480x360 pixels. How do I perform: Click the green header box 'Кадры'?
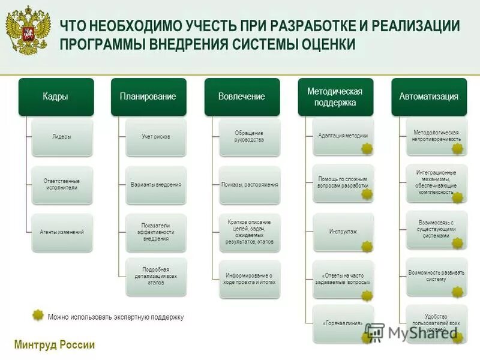tap(55, 96)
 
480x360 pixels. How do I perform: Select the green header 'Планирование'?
tap(148, 96)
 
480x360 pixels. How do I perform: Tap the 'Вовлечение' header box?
tap(241, 96)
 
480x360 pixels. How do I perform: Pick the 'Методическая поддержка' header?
tap(335, 96)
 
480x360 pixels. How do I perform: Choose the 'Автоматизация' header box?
tap(428, 96)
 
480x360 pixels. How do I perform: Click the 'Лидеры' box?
tap(62, 137)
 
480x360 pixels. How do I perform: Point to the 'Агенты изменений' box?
tap(62, 232)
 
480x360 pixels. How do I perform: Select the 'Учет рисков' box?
tap(156, 137)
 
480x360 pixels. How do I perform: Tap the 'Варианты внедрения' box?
tap(156, 185)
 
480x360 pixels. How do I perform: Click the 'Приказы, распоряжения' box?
tap(250, 185)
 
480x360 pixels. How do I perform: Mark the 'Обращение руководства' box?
tap(250, 136)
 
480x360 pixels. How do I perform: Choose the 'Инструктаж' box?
tap(343, 232)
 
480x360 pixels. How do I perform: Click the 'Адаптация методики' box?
tap(343, 136)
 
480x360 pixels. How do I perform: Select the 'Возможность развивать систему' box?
tap(436, 275)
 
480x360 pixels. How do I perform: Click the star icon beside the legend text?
tap(38, 316)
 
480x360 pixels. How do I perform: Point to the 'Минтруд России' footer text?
tap(54, 345)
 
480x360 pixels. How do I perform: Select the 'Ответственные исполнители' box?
tap(62, 184)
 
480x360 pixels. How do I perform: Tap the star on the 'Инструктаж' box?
tap(367, 247)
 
